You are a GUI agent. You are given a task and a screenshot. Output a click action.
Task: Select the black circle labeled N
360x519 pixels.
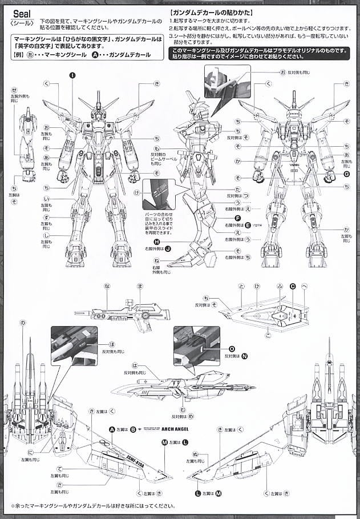pos(244,356)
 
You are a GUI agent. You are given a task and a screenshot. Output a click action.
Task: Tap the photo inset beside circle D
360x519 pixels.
pos(196,346)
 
